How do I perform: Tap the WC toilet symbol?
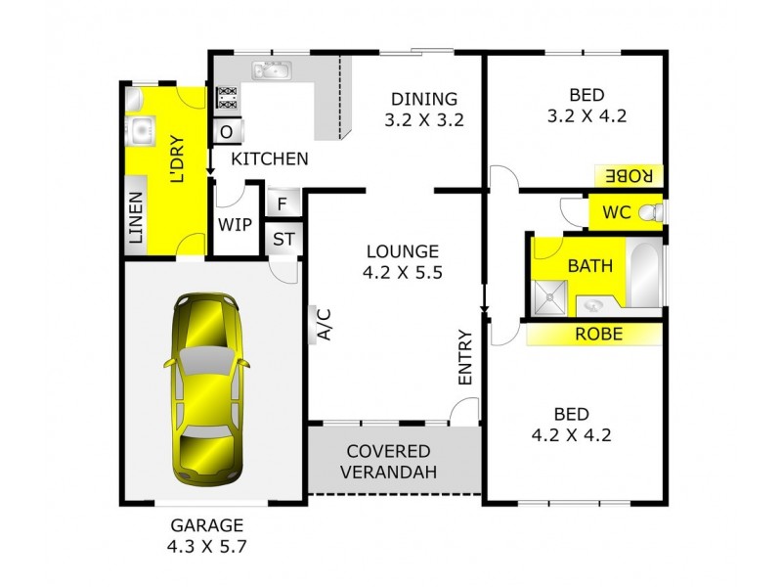point(658,211)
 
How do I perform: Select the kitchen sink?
point(267,70)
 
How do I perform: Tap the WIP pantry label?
point(235,224)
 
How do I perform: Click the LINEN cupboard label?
point(135,217)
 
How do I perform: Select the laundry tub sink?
point(139,130)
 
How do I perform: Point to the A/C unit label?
point(322,324)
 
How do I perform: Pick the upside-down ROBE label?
point(629,176)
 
